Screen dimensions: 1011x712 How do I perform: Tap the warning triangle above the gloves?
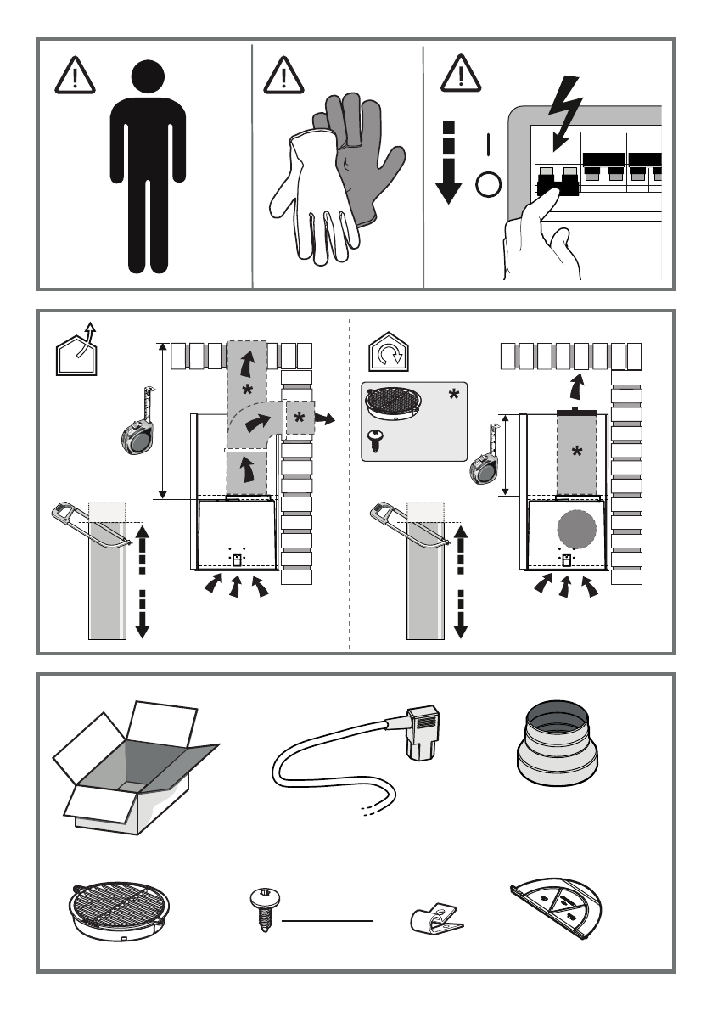pyautogui.click(x=285, y=77)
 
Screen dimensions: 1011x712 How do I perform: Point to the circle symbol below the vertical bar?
pyautogui.click(x=487, y=184)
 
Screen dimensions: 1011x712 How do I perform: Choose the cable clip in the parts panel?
pyautogui.click(x=434, y=922)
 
